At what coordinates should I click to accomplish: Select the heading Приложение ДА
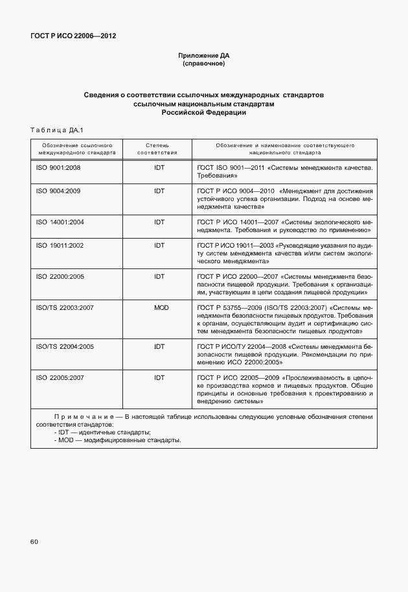(x=204, y=56)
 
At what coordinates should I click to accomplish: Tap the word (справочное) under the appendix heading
(x=204, y=64)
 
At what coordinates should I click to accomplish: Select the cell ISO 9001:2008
(x=58, y=167)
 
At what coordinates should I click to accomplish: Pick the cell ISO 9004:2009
(x=58, y=191)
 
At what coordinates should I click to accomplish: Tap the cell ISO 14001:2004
(x=60, y=222)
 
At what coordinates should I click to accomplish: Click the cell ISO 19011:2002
(x=60, y=246)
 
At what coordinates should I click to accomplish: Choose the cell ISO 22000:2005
(x=60, y=276)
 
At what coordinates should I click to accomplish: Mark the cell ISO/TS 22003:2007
(x=65, y=307)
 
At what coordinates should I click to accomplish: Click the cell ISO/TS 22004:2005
(x=65, y=346)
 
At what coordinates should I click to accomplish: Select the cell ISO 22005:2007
(x=60, y=377)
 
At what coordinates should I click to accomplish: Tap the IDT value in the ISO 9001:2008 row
(x=159, y=167)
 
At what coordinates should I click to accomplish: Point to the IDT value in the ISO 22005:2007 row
(x=159, y=377)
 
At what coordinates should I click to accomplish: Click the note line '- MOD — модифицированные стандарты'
(x=117, y=440)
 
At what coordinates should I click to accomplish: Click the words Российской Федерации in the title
(x=204, y=112)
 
